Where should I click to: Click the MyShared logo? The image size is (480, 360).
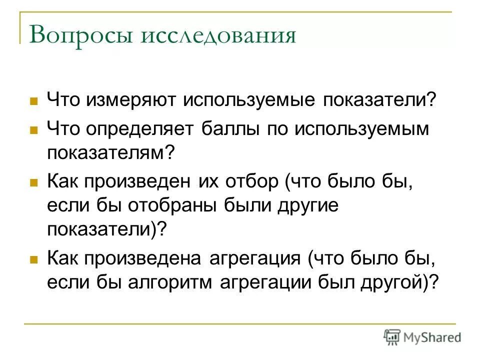[x=422, y=337]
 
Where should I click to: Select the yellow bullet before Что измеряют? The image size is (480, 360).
[x=34, y=100]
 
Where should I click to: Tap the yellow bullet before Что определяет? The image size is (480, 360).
[x=34, y=129]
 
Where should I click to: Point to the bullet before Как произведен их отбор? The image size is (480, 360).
[x=34, y=182]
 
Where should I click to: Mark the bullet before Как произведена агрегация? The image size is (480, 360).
[x=34, y=259]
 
